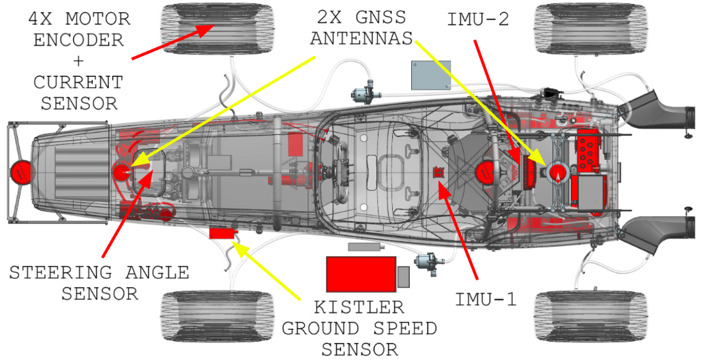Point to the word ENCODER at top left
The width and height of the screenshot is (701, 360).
pyautogui.click(x=78, y=40)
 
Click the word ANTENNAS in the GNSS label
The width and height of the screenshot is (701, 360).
pyautogui.click(x=361, y=38)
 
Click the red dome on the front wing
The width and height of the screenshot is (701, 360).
pyautogui.click(x=21, y=172)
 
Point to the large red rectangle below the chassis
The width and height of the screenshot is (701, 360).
pyautogui.click(x=361, y=273)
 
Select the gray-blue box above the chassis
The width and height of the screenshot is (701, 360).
pyautogui.click(x=430, y=75)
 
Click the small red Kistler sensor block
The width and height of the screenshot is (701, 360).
pyautogui.click(x=221, y=233)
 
